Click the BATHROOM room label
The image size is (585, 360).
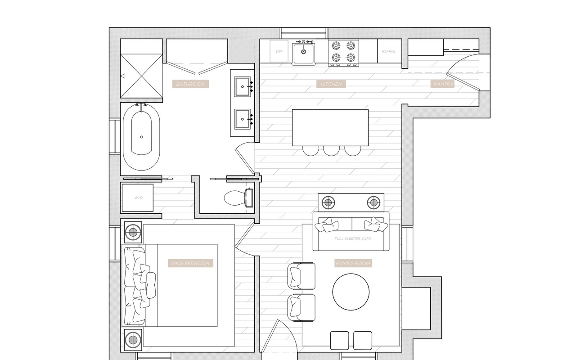pyautogui.click(x=190, y=84)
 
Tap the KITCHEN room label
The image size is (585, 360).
pyautogui.click(x=331, y=84)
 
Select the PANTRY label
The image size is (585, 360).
pyautogui.click(x=443, y=84)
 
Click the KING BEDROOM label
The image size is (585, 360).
pyautogui.click(x=190, y=263)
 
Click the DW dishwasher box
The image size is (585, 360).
pyautogui.click(x=279, y=51)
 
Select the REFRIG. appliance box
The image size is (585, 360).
pyautogui.click(x=388, y=51)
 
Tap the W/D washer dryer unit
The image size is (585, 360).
pyautogui.click(x=138, y=198)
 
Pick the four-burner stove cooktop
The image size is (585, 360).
pyautogui.click(x=344, y=52)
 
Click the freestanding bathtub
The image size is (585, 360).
pyautogui.click(x=141, y=137)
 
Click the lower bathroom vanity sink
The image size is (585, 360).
pyautogui.click(x=243, y=119)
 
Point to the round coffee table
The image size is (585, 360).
pyautogui.click(x=351, y=292)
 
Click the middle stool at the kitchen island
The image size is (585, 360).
pyautogui.click(x=331, y=150)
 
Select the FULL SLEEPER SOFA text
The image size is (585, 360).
pyautogui.click(x=353, y=238)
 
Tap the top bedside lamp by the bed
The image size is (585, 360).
pyautogui.click(x=133, y=232)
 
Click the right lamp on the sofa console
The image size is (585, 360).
pyautogui.click(x=373, y=202)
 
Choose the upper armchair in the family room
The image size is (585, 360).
pyautogui.click(x=301, y=276)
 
